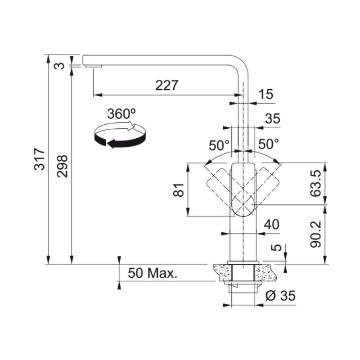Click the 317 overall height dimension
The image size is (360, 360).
coord(39,159)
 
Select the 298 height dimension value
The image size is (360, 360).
coord(62,166)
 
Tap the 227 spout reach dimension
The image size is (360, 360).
coord(166,85)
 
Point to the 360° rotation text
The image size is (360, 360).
coord(121,113)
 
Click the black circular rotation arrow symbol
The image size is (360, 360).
coord(120,135)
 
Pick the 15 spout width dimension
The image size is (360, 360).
coord(266,94)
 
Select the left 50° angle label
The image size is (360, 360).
coord(219,145)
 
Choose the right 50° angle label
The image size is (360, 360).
coord(268,144)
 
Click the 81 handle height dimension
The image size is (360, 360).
coord(178,190)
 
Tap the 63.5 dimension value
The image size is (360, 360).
coord(315,184)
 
